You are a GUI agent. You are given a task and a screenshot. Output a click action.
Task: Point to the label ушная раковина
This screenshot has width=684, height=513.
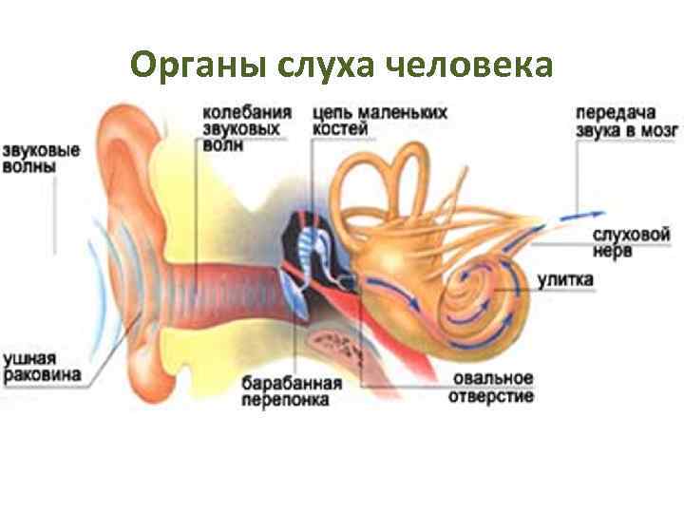(42, 367)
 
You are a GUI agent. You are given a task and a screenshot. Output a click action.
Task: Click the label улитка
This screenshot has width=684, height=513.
(565, 280)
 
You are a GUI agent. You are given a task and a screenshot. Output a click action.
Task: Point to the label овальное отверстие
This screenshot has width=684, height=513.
(492, 388)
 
